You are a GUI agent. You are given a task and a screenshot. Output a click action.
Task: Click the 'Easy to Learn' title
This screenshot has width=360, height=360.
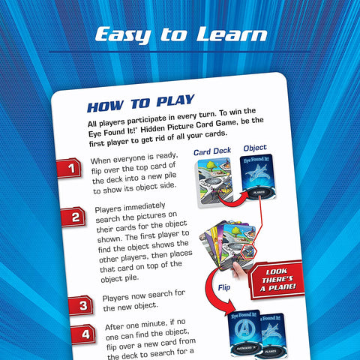point(180,34)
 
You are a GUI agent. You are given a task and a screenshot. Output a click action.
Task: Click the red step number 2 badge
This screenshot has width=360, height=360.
point(75,219)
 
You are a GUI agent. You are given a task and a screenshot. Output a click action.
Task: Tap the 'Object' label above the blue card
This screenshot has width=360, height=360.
point(256,147)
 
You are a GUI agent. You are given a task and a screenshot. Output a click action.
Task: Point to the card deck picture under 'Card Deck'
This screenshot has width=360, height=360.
point(213,184)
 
